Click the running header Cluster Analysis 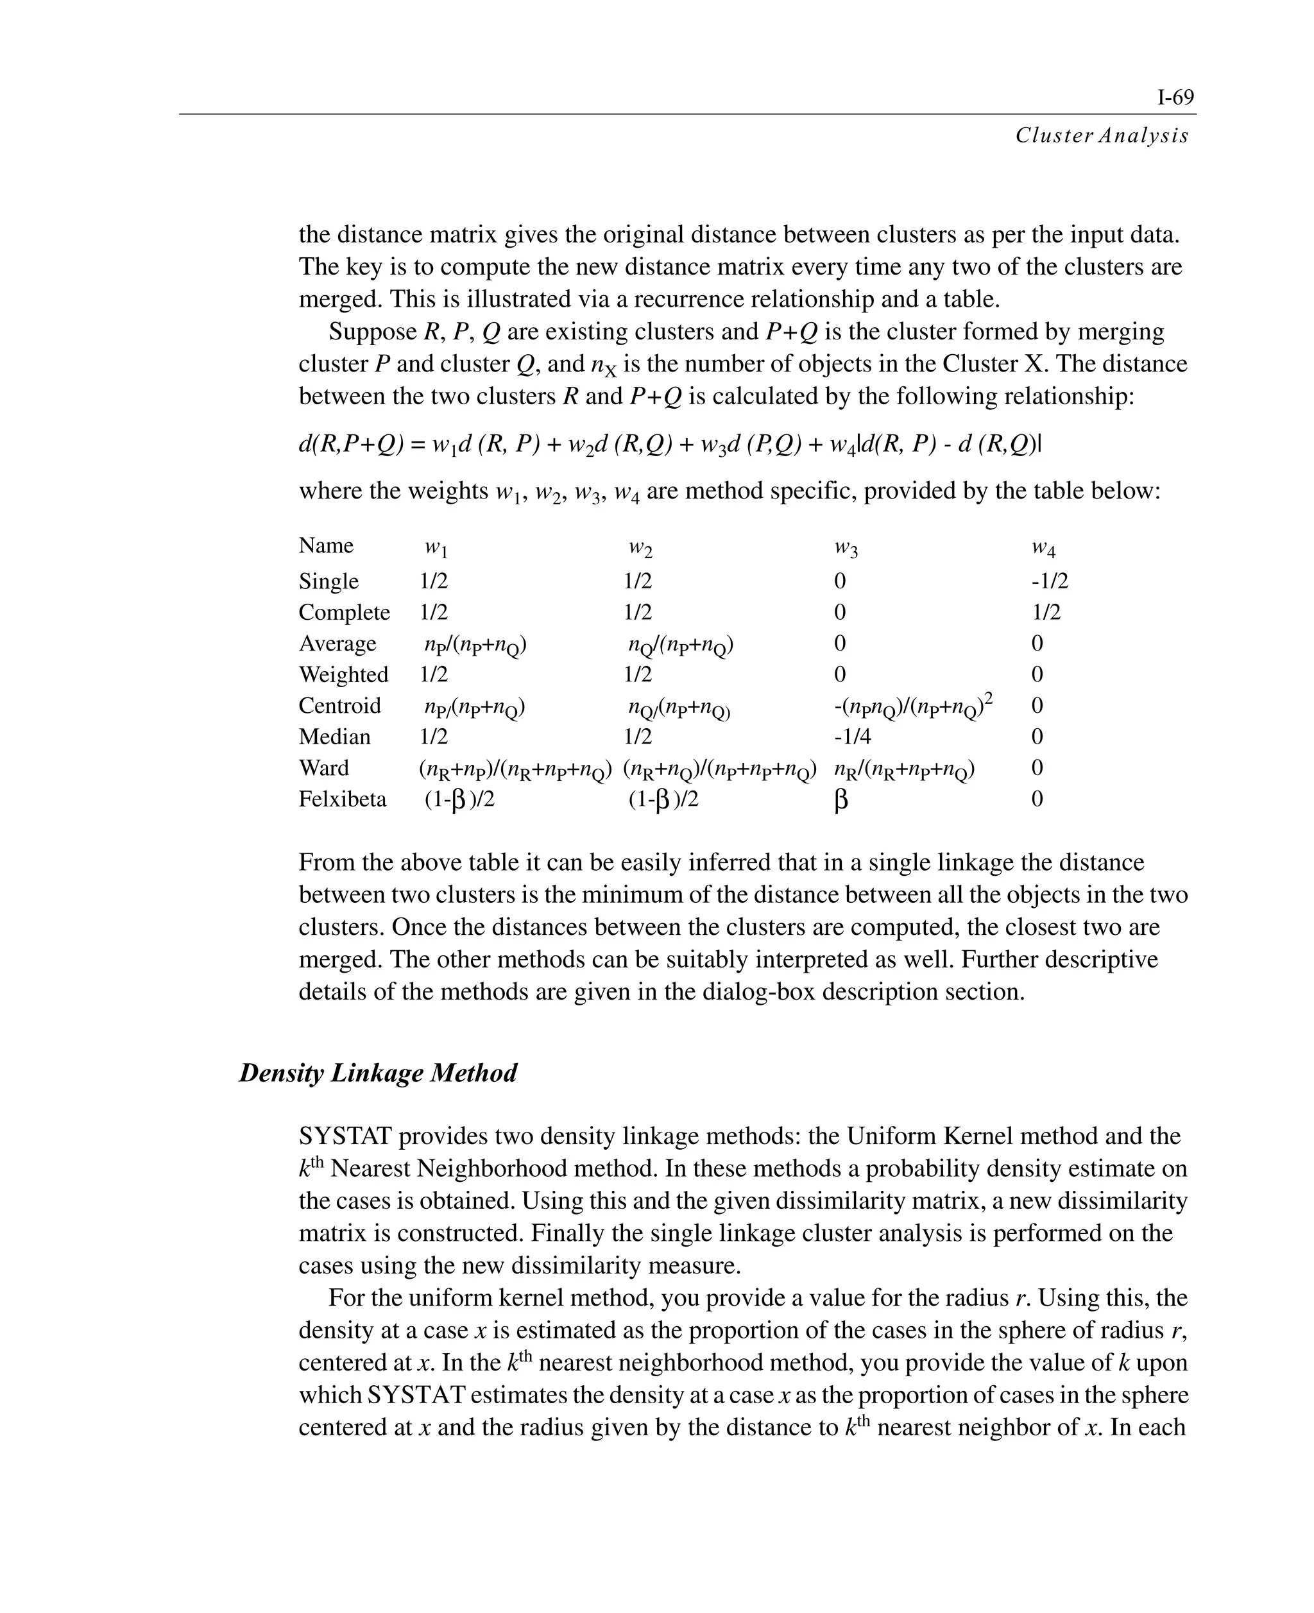pyautogui.click(x=1101, y=135)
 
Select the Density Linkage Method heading pyautogui.click(x=378, y=1073)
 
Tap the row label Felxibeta pyautogui.click(x=342, y=799)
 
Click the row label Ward pyautogui.click(x=323, y=767)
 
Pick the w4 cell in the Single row pyautogui.click(x=1049, y=581)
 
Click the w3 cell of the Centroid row pyautogui.click(x=913, y=706)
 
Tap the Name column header pyautogui.click(x=325, y=546)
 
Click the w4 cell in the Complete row pyautogui.click(x=1046, y=612)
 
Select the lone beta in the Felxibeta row pyautogui.click(x=840, y=801)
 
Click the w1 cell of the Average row pyautogui.click(x=475, y=645)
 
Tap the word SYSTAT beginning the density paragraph pyautogui.click(x=345, y=1136)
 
